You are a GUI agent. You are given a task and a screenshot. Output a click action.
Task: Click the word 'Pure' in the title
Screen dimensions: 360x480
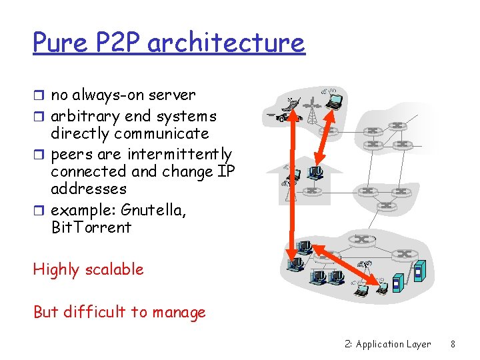tap(59, 43)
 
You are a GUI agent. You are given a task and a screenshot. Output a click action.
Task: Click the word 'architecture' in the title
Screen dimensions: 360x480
tap(226, 43)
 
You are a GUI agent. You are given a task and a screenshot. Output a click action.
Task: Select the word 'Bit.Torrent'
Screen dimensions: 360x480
tap(91, 227)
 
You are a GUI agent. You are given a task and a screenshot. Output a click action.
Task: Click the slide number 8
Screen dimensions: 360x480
tap(453, 344)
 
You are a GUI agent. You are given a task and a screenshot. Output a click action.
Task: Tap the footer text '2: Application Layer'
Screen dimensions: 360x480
tap(388, 344)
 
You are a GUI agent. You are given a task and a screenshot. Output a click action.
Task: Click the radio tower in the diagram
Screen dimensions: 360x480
tap(310, 111)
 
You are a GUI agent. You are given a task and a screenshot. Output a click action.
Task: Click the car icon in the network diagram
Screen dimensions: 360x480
tap(283, 117)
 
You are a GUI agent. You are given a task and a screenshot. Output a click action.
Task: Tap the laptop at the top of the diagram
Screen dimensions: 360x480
tap(333, 101)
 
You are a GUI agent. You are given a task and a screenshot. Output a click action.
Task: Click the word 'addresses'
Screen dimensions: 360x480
tap(89, 189)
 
